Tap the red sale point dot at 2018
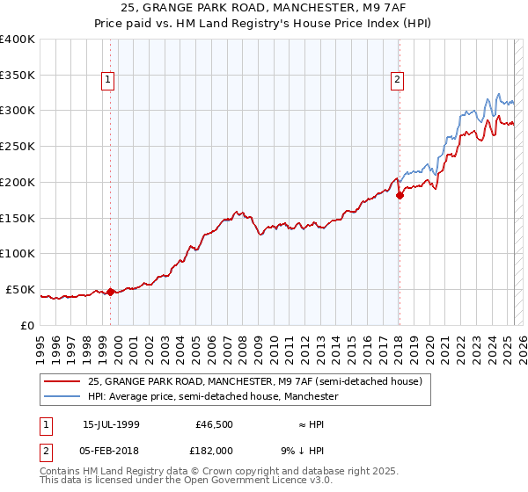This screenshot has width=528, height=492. pyautogui.click(x=400, y=195)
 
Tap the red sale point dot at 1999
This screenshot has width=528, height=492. pyautogui.click(x=111, y=292)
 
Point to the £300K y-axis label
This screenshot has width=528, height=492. pyautogui.click(x=18, y=111)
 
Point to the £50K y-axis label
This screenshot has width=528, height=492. pyautogui.click(x=20, y=289)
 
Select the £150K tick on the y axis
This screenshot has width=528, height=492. pyautogui.click(x=18, y=218)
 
